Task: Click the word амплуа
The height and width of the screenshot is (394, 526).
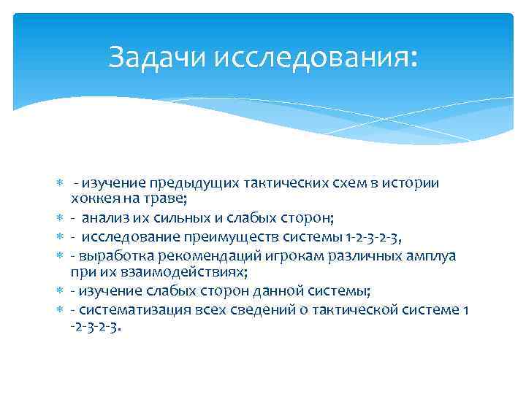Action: pyautogui.click(x=431, y=255)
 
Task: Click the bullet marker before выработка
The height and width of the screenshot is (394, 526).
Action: pyautogui.click(x=61, y=256)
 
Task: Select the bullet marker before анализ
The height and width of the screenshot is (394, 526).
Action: pyautogui.click(x=61, y=218)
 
